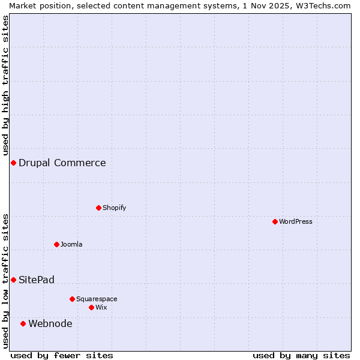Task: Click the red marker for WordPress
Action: [x=275, y=221]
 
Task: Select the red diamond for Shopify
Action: [x=99, y=208]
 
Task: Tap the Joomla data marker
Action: [x=57, y=244]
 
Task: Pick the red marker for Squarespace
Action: [x=73, y=299]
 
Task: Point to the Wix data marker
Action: [x=92, y=307]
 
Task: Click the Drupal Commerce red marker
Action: [x=13, y=163]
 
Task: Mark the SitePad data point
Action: [x=13, y=280]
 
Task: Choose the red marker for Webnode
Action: [x=23, y=323]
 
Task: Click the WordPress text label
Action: [x=296, y=221]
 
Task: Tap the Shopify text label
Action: [x=115, y=208]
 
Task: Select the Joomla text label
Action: [x=71, y=244]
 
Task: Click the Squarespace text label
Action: [x=97, y=299]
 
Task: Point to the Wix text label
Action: [x=101, y=307]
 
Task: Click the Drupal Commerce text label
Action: [x=62, y=163]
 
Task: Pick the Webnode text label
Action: [x=50, y=323]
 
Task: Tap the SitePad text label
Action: [x=37, y=280]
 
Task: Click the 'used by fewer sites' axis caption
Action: [x=62, y=355]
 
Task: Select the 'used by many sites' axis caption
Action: [x=301, y=355]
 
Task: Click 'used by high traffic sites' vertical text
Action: [x=5, y=84]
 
